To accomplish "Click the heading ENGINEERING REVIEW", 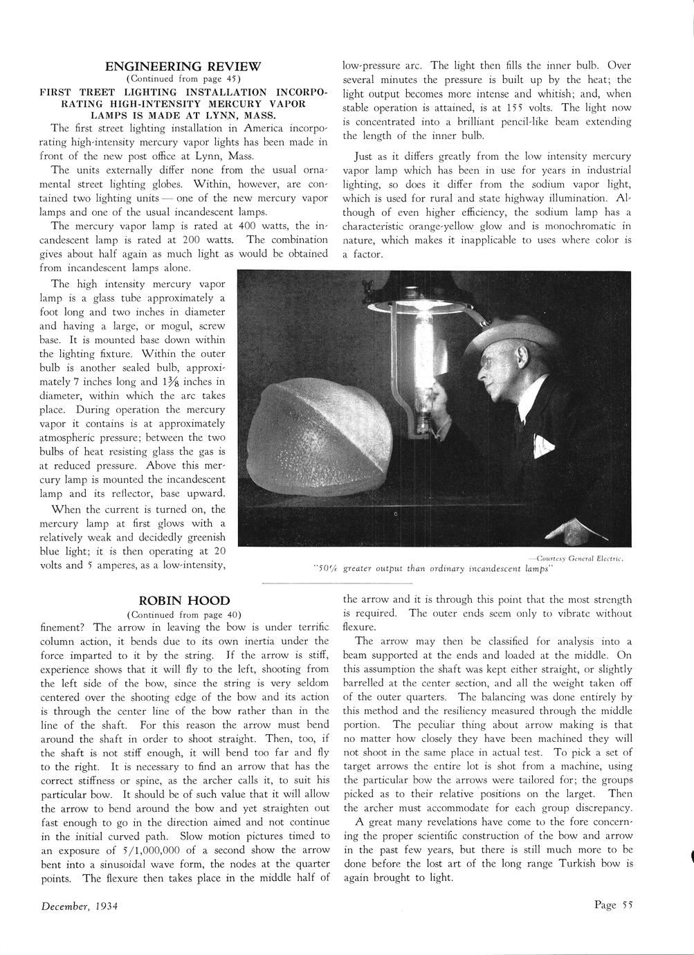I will (x=183, y=66).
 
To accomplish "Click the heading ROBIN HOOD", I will (x=183, y=601).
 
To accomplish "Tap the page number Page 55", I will (x=613, y=904).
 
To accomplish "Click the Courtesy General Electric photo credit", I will (x=576, y=557).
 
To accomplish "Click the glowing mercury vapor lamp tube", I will (x=423, y=346).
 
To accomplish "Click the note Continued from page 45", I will (x=183, y=79).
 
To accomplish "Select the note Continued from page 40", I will (x=183, y=614).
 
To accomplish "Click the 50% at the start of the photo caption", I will (x=325, y=569).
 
